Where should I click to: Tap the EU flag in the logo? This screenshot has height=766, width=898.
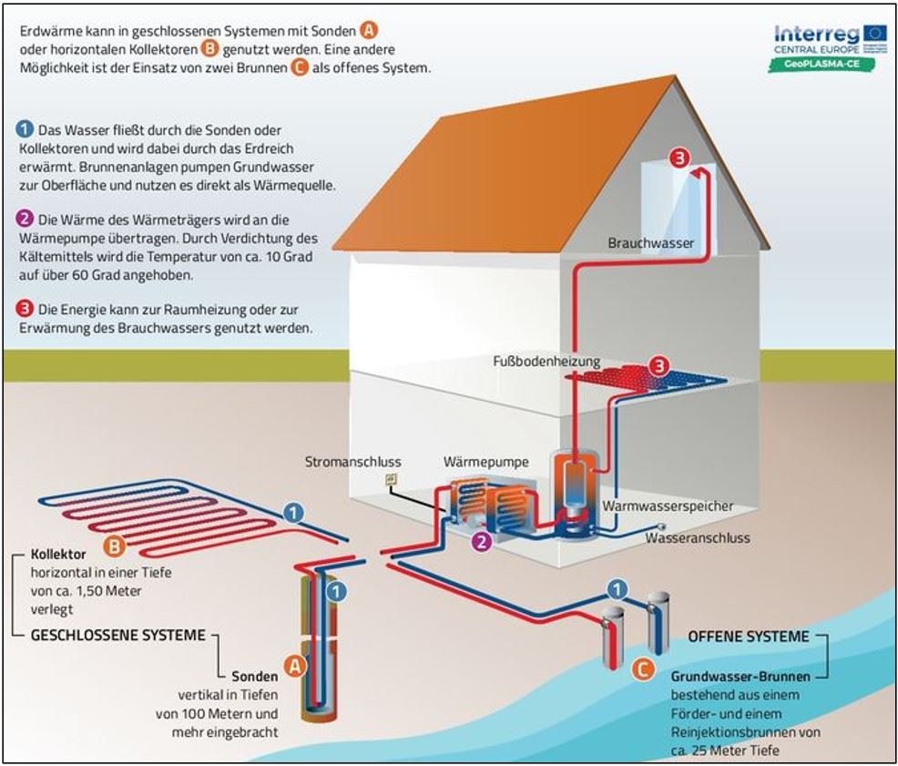875,33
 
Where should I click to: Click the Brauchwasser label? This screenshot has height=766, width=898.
650,243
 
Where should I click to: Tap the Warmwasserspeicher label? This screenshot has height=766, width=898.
667,506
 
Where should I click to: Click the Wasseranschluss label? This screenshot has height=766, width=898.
698,537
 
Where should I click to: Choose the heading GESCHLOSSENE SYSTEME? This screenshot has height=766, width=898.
117,635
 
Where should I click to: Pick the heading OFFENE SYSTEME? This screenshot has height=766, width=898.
748,637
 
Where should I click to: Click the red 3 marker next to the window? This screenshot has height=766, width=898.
679,158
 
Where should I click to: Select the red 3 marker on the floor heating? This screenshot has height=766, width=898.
658,367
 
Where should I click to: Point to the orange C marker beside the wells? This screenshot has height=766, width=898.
642,669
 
